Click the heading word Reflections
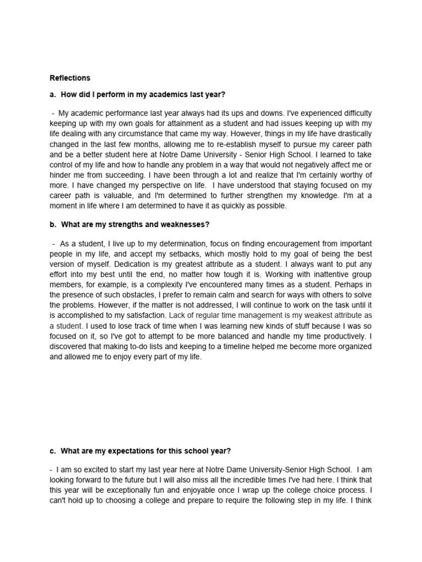tap(70, 78)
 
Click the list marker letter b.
tap(52, 225)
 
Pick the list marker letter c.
tap(52, 451)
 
